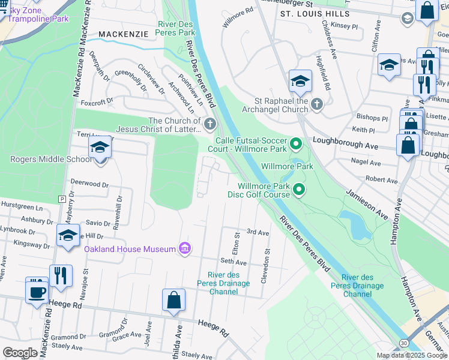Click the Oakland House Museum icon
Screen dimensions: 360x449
coord(184,248)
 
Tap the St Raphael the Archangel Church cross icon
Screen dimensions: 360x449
coord(317,105)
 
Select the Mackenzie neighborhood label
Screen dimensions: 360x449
coord(123,35)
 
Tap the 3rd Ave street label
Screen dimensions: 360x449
coord(258,232)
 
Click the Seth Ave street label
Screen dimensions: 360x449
coord(234,261)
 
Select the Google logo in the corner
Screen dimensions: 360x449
coord(20,352)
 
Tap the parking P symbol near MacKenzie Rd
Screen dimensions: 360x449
coord(61,199)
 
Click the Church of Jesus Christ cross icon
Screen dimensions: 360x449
coord(209,125)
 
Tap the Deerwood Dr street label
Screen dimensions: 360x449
coord(89,185)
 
